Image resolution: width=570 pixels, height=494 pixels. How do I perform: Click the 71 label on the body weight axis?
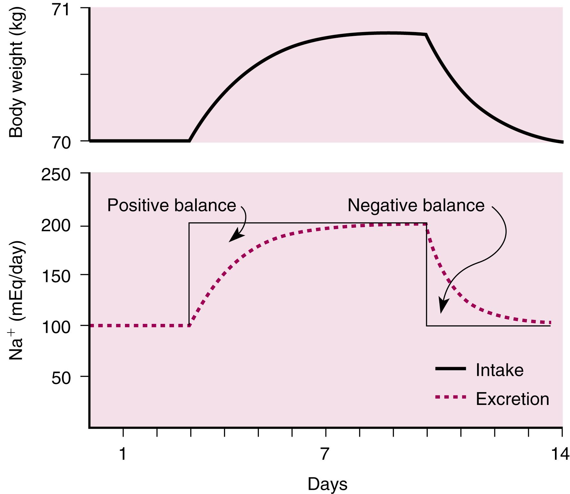click(61, 10)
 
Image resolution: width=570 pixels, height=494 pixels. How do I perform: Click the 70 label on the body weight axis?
click(61, 143)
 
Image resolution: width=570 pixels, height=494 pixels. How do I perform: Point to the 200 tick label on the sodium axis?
click(56, 226)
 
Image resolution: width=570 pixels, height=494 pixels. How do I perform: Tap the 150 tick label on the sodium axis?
click(56, 276)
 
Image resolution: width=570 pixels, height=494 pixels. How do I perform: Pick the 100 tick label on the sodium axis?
click(56, 327)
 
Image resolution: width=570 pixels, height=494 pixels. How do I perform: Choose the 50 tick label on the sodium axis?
click(61, 378)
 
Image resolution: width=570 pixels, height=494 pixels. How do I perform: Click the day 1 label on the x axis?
click(123, 454)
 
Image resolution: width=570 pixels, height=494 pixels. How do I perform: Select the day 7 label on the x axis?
click(325, 454)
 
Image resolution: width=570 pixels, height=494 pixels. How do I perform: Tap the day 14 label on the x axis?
click(560, 454)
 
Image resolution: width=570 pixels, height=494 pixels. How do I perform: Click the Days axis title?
click(327, 484)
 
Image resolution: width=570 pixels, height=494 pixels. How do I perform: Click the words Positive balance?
click(171, 205)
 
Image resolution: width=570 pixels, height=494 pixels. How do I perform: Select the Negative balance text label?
click(416, 205)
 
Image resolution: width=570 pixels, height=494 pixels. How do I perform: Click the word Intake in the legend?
click(500, 370)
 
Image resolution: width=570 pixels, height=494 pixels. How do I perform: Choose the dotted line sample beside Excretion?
click(450, 397)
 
